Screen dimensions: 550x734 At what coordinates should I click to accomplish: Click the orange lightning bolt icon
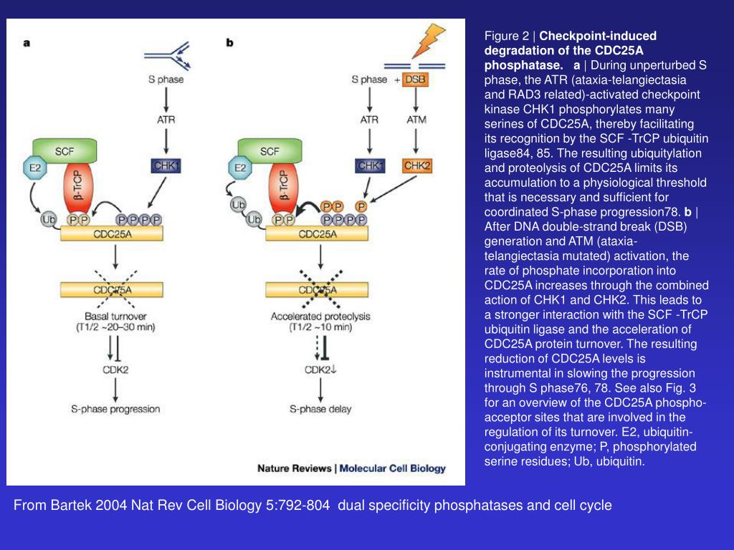429,42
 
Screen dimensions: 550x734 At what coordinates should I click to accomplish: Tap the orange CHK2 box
417,165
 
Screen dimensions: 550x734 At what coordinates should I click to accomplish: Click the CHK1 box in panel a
166,166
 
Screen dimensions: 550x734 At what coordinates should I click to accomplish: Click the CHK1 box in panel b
370,165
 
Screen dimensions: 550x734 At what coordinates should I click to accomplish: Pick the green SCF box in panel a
65,151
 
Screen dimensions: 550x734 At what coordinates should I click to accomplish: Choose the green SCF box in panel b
270,151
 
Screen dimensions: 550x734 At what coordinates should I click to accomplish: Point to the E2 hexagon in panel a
33,168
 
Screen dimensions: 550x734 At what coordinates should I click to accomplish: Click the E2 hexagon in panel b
240,168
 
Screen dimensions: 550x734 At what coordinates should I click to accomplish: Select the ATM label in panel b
416,120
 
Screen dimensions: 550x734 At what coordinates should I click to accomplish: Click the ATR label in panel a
166,120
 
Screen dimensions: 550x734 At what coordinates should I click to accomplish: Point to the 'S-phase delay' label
320,409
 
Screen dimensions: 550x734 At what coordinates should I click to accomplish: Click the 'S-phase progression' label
115,409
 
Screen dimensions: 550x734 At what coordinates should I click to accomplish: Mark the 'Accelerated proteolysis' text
320,316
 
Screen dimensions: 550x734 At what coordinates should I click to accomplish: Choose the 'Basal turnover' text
115,316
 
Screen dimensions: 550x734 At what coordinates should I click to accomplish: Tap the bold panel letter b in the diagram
230,42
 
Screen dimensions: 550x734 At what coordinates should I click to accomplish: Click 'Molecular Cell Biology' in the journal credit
392,468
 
